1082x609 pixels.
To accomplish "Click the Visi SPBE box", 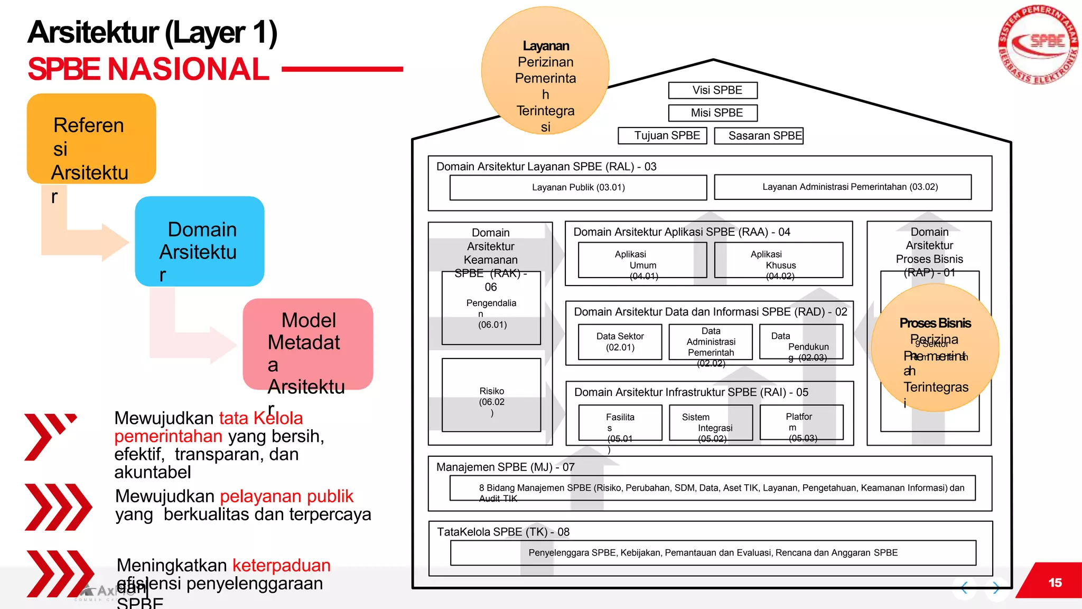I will (713, 90).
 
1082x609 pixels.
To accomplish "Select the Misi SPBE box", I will (713, 113).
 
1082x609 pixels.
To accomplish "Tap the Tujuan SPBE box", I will (662, 136).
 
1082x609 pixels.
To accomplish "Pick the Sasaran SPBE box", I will (759, 136).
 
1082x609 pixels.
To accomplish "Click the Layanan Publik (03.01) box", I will (578, 188).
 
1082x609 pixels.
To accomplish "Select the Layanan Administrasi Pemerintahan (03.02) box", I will (843, 187).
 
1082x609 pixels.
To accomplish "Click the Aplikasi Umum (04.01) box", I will (642, 260).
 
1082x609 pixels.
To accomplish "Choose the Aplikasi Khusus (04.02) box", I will (778, 260).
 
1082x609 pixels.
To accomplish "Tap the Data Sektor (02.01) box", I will (620, 342).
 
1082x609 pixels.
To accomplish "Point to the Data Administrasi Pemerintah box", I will (711, 342).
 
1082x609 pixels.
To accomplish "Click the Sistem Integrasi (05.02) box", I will (711, 422).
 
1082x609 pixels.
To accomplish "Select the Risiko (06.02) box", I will (491, 395).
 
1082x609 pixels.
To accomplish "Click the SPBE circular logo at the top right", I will (1038, 44).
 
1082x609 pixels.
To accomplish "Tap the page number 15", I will (1055, 583).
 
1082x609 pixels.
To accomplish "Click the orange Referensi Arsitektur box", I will (91, 139).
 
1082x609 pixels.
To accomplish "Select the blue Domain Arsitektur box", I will (200, 242).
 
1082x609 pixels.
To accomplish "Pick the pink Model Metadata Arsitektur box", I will (308, 344).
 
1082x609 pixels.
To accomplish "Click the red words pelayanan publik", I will (286, 496).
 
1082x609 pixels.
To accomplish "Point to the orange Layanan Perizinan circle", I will (545, 71).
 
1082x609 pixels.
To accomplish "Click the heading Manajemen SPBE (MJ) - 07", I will (505, 467).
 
